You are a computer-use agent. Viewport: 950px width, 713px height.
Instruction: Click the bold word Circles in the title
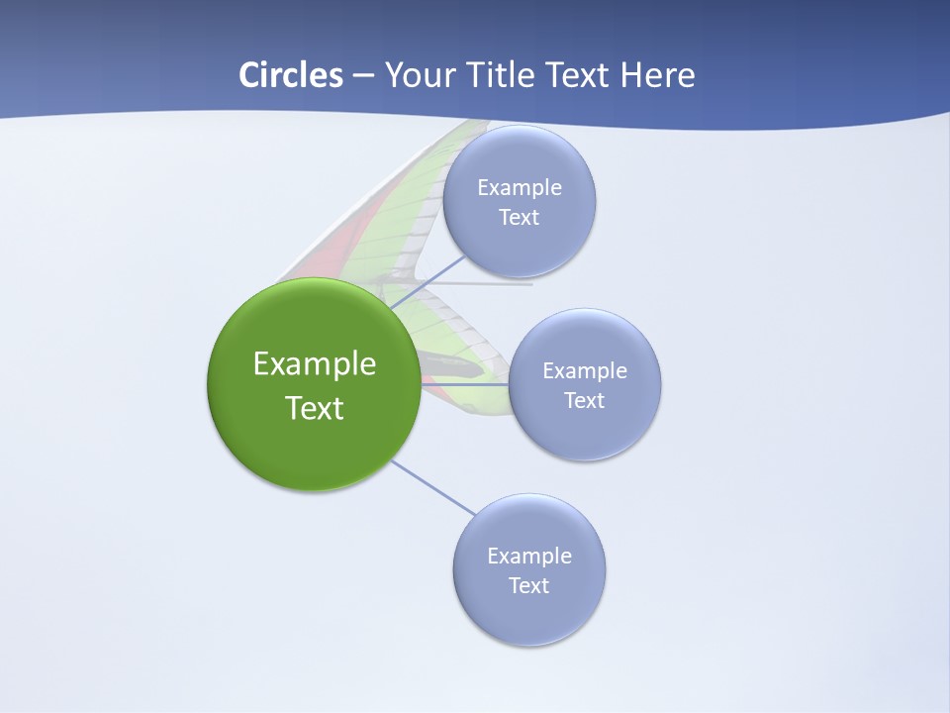[x=290, y=75]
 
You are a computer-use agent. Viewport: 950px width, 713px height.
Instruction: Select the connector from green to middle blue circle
[x=463, y=384]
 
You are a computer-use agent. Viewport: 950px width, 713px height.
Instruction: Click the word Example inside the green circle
[x=315, y=364]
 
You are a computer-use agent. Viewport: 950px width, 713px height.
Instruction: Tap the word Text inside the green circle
[x=315, y=408]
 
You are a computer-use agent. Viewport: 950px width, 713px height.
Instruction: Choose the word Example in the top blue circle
[x=520, y=188]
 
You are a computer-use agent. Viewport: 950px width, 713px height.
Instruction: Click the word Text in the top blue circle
[x=520, y=218]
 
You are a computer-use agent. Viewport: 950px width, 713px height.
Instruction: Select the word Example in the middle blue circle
[x=585, y=371]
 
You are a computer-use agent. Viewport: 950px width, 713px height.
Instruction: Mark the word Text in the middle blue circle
[x=585, y=401]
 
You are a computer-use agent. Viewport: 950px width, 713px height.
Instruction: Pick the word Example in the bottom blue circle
[x=529, y=557]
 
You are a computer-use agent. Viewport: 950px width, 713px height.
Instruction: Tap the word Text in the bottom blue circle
[x=529, y=586]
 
